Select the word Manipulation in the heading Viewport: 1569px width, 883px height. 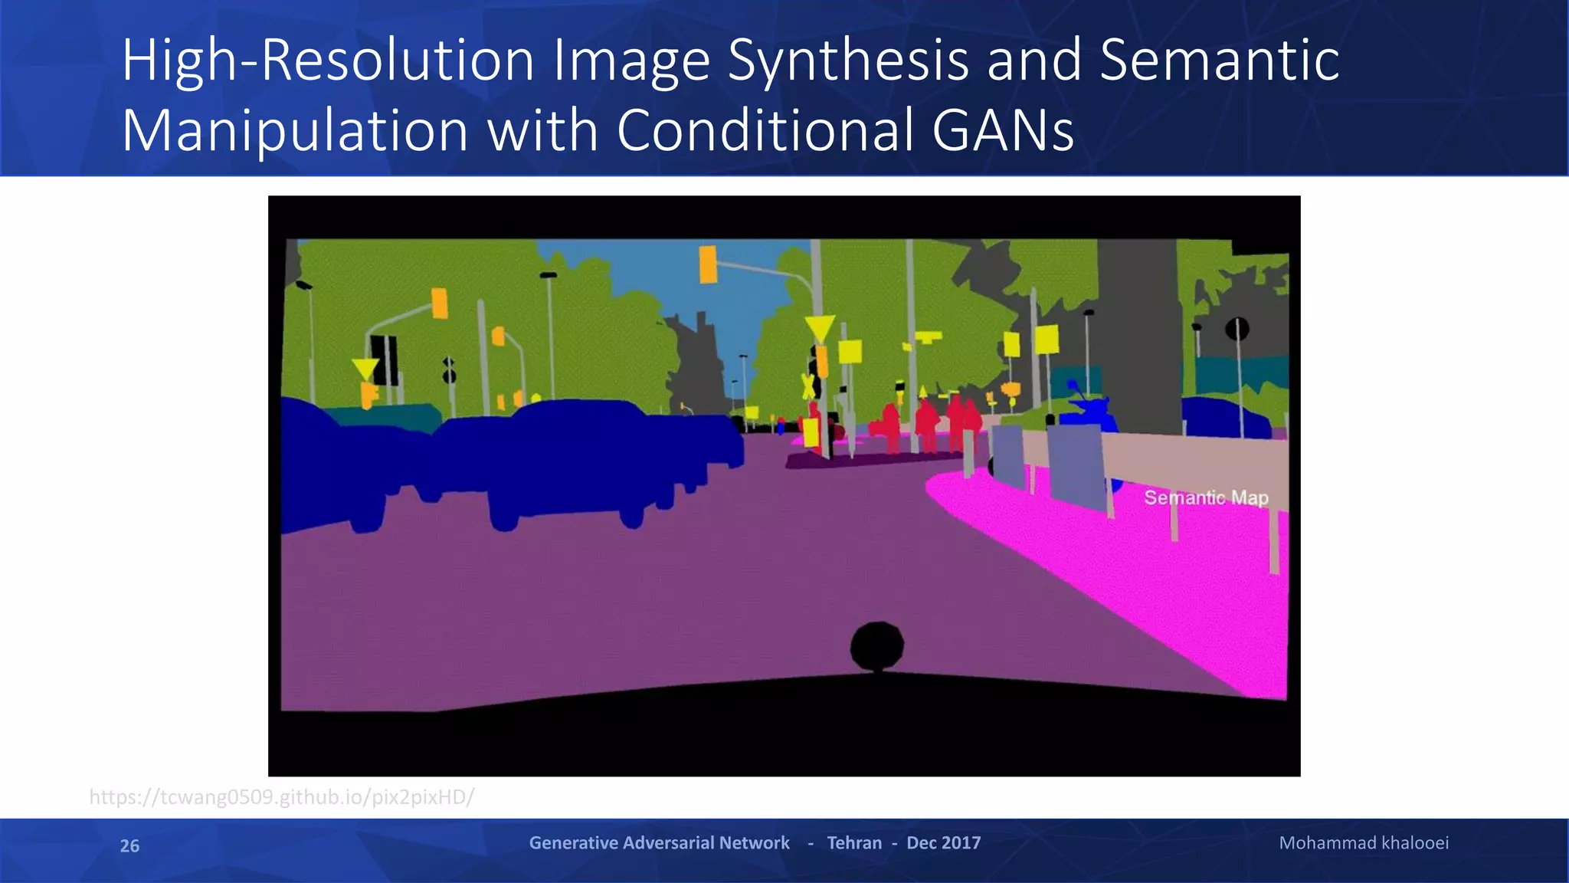click(295, 130)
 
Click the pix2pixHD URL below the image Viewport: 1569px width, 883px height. click(281, 797)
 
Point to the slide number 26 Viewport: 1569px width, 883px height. click(129, 845)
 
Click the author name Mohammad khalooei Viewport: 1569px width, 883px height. click(1364, 843)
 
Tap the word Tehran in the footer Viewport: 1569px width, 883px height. click(854, 843)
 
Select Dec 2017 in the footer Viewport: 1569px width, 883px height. click(943, 843)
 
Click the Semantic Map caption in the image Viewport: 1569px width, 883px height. click(1206, 497)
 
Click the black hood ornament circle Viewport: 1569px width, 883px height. click(876, 646)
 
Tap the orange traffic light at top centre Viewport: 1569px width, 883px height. click(708, 264)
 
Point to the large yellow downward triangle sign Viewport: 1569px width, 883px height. click(820, 328)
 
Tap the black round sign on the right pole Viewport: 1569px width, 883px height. click(1237, 330)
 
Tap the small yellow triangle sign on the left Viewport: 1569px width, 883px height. click(365, 369)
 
